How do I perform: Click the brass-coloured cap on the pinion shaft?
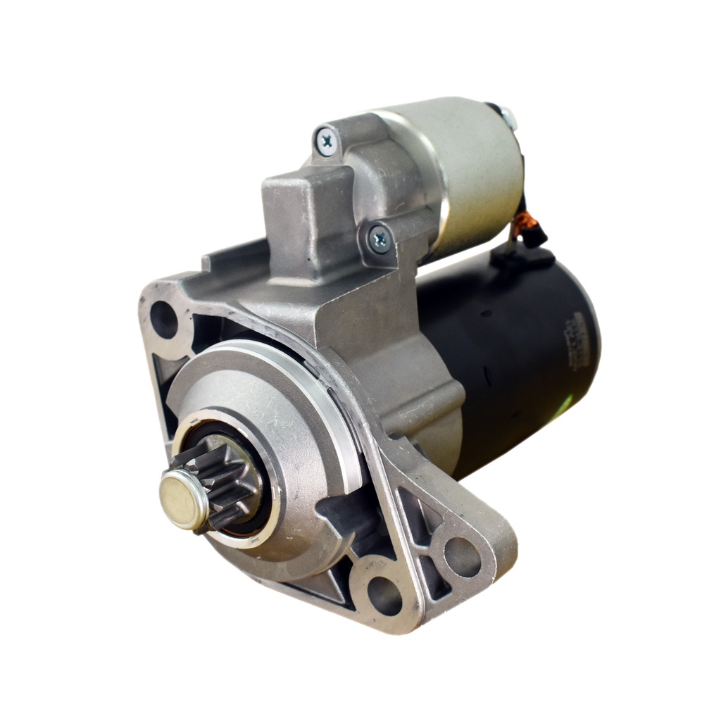pos(182,499)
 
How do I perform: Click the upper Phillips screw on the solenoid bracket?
pos(326,141)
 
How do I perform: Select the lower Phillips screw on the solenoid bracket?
pos(380,239)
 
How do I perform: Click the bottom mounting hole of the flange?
pos(384,595)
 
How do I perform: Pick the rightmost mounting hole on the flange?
pos(462,557)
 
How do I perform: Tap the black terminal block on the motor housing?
pos(521,258)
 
